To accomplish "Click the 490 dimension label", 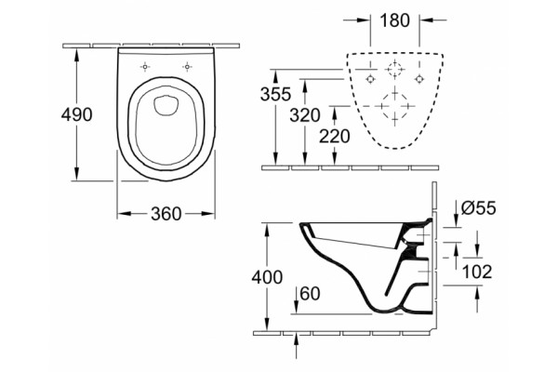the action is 76,114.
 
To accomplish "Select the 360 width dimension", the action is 166,214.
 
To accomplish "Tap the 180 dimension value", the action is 395,20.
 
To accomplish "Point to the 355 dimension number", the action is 276,94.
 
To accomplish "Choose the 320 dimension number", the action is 305,115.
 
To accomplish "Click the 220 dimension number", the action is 335,137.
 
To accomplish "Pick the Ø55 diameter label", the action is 478,208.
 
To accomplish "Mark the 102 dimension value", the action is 477,272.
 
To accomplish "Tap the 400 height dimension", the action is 267,277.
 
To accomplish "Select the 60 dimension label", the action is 310,294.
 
